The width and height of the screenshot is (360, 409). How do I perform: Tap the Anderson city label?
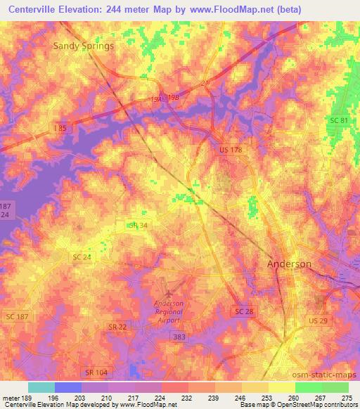pyautogui.click(x=289, y=264)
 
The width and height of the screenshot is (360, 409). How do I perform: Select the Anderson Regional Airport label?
pyautogui.click(x=168, y=311)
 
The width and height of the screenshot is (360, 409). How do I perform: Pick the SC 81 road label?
pyautogui.click(x=339, y=121)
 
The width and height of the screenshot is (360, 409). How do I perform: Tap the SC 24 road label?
pyautogui.click(x=82, y=257)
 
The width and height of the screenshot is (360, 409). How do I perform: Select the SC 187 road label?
pyautogui.click(x=15, y=318)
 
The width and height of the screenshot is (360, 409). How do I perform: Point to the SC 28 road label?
pyautogui.click(x=244, y=311)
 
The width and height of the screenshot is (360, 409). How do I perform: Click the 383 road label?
pyautogui.click(x=180, y=338)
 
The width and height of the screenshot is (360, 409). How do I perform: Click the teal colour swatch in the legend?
pyautogui.click(x=41, y=387)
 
